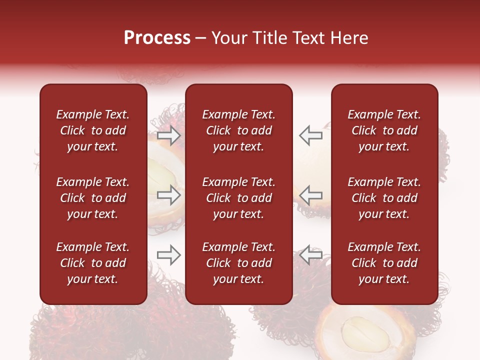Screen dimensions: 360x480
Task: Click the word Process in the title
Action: pos(157,38)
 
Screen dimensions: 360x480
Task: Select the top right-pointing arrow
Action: pos(169,135)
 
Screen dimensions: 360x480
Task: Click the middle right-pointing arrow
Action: pos(169,195)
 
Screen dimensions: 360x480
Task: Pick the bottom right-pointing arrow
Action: pos(169,255)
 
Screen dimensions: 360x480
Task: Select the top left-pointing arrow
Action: pos(311,135)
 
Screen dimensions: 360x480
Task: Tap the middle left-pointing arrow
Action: pos(311,195)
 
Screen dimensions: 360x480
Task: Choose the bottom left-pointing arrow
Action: pos(311,255)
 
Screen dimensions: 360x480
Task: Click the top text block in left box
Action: pos(93,130)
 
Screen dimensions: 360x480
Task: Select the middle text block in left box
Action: pos(93,198)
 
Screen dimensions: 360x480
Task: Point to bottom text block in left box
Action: pos(93,263)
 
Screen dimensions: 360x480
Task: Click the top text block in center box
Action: pos(238,130)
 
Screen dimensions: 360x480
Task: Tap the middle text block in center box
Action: pos(238,198)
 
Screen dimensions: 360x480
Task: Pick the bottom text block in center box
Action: pos(238,263)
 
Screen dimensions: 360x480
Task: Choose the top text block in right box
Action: pos(384,130)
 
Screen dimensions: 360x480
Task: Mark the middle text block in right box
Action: pos(384,198)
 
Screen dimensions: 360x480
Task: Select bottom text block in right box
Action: pos(384,263)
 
